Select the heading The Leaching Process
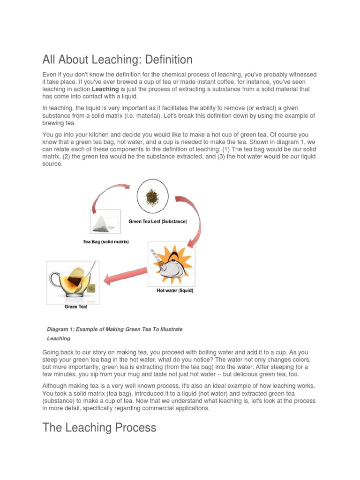[99, 427]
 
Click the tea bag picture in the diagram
[105, 221]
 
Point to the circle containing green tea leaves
[152, 195]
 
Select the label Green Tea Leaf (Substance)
[157, 222]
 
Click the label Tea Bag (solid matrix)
[105, 242]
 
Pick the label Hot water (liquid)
[174, 291]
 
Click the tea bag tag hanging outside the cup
[91, 288]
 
